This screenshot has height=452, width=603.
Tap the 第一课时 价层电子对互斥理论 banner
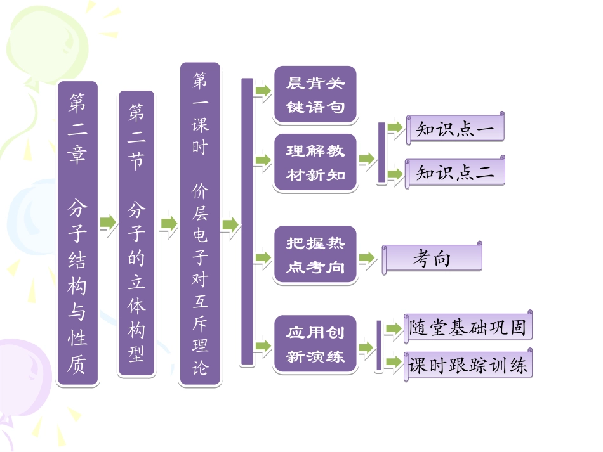click(200, 224)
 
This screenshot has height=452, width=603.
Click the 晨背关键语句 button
click(315, 95)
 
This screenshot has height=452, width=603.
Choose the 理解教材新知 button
click(315, 163)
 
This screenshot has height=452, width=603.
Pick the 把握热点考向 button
click(315, 255)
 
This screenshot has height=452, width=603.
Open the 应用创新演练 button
click(315, 344)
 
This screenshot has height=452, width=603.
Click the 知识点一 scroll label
click(456, 129)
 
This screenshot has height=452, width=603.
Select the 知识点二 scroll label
click(456, 172)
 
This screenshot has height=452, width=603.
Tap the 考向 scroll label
click(432, 259)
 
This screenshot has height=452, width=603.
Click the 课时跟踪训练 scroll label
click(468, 365)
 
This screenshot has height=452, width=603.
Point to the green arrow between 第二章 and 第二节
click(108, 223)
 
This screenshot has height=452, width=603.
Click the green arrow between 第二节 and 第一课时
click(168, 223)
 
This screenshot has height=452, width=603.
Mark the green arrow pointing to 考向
click(368, 258)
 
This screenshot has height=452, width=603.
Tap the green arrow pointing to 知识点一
click(395, 128)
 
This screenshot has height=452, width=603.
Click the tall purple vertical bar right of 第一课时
click(247, 222)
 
